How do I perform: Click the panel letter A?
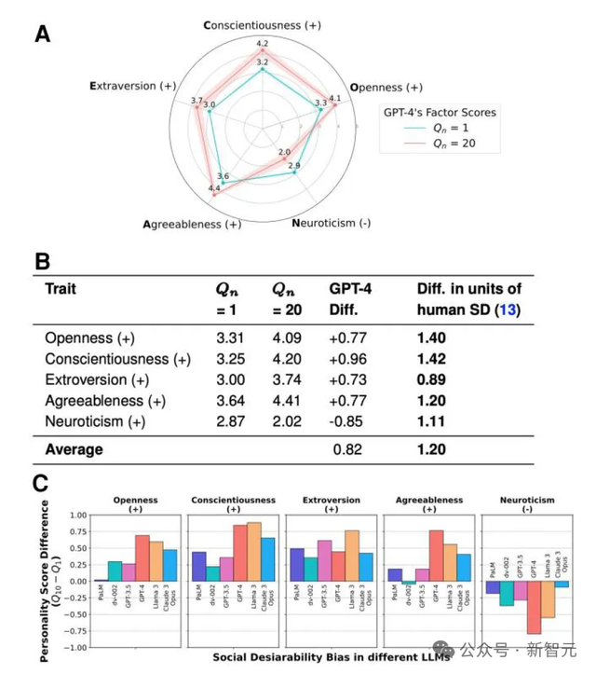[x=43, y=34]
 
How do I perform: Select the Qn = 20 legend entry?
[x=454, y=144]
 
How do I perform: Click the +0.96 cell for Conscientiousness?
[x=348, y=357]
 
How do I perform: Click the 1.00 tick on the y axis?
[x=74, y=516]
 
